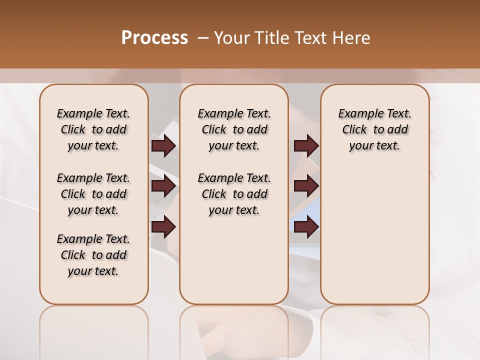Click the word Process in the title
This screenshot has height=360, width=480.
(154, 38)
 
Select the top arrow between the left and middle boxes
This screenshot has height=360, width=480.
(163, 145)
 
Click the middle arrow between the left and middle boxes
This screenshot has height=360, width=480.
(163, 186)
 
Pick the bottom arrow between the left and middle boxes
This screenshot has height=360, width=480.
(163, 226)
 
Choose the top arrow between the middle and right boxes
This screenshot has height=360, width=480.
(306, 145)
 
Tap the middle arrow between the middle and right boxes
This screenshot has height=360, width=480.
(306, 186)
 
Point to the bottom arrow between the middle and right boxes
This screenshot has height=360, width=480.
(306, 226)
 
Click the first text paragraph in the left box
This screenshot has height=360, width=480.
(93, 129)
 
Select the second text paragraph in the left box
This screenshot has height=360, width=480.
(93, 194)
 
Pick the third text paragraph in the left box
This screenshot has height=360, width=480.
(93, 255)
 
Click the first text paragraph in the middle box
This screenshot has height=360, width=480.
(234, 129)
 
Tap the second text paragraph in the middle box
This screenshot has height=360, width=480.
(234, 194)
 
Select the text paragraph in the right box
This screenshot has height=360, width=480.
(375, 129)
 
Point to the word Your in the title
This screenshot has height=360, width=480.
(232, 38)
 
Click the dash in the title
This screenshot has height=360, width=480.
(203, 38)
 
